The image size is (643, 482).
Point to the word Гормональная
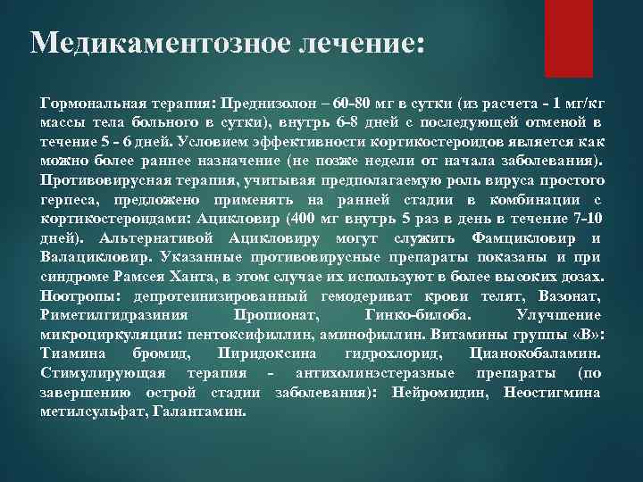[87, 102]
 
